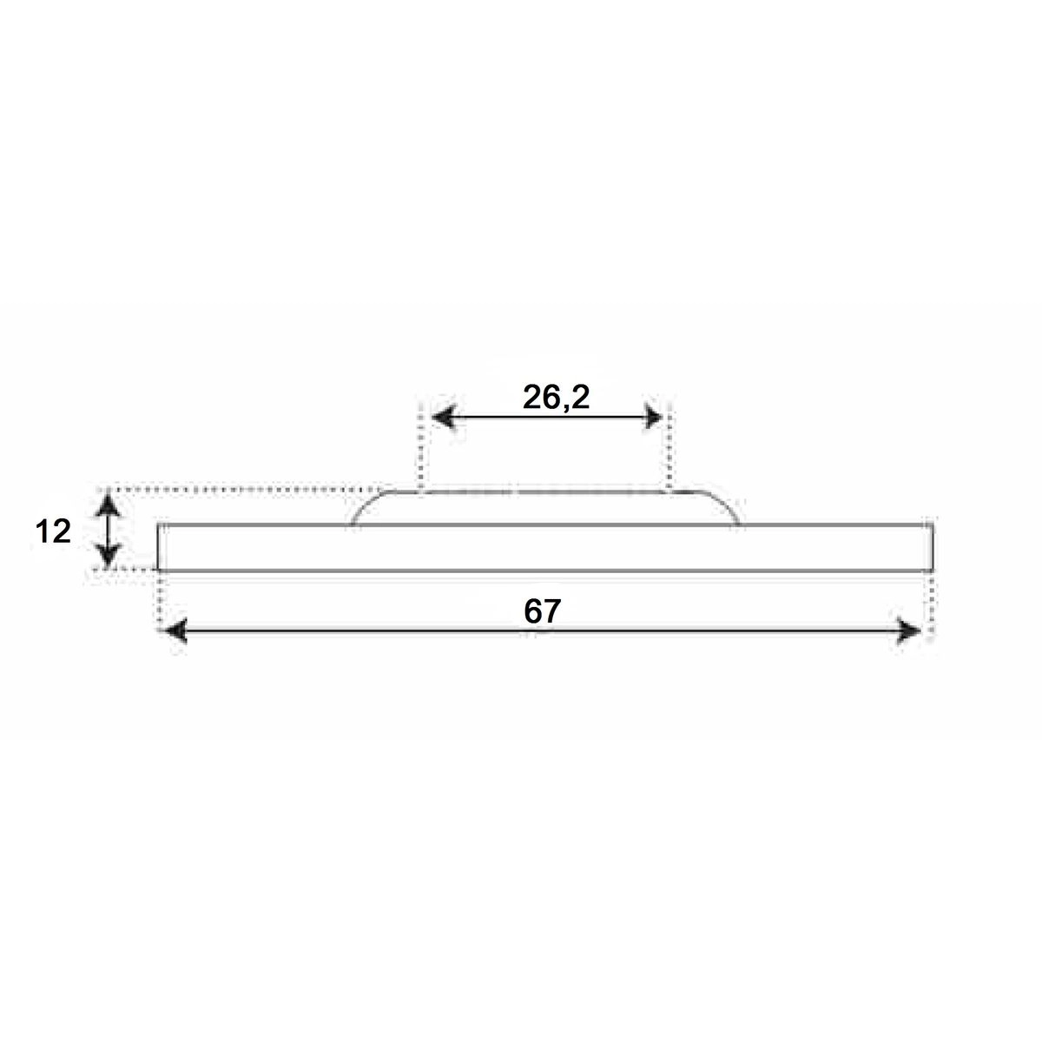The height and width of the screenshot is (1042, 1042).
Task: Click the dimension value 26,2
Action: pos(556,399)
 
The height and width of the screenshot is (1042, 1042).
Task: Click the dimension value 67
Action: pos(543,611)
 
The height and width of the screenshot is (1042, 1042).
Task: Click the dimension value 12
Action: pos(53,531)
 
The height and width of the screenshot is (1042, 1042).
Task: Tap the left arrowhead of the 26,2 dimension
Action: pos(445,418)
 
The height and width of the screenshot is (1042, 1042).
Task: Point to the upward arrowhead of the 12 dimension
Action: pos(109,504)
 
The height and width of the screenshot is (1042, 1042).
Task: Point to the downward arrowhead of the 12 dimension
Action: pos(109,555)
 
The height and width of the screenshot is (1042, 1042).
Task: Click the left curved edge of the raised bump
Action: pos(365,505)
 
